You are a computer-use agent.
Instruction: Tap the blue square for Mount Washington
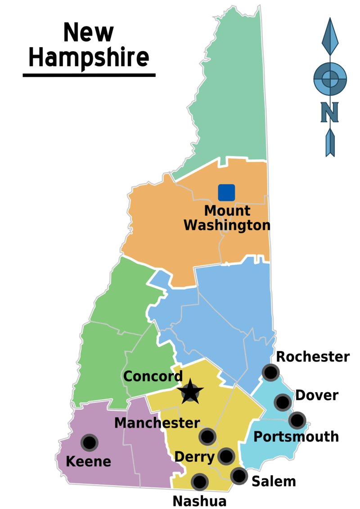point(226,192)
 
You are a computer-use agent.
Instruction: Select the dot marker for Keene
point(89,442)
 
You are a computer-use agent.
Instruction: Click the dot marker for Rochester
point(270,372)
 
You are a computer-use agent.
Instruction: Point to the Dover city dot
point(282,402)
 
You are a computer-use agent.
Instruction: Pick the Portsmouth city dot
point(297,420)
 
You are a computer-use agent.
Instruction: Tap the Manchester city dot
point(207,436)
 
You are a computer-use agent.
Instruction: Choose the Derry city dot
point(226,456)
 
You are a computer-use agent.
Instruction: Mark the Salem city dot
point(238,475)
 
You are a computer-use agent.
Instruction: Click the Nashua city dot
point(199,482)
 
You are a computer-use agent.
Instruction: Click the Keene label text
point(88,461)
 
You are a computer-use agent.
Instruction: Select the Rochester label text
point(313,357)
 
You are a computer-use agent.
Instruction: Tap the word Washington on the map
point(227,225)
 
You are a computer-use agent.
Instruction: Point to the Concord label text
point(153,376)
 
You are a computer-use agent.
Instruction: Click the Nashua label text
point(199,501)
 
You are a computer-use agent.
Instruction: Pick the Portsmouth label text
point(296,437)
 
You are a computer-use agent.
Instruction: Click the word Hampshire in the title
point(89,58)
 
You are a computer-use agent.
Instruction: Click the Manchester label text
point(157,423)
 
